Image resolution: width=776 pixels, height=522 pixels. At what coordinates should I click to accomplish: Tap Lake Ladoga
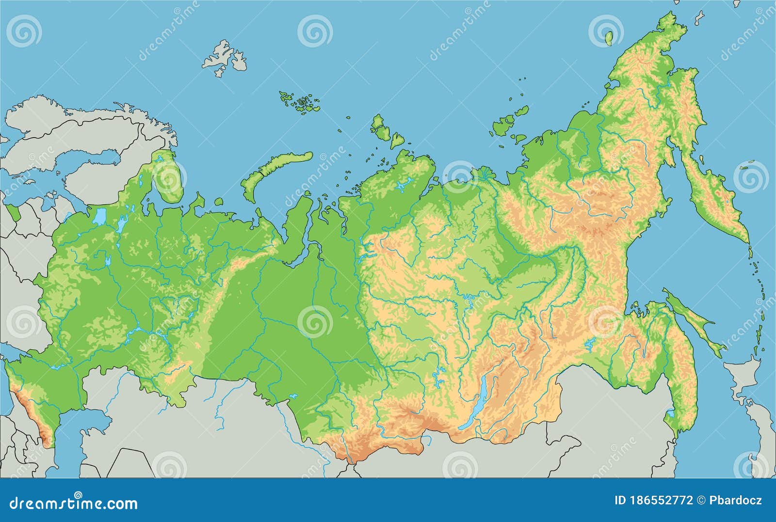click(x=100, y=217)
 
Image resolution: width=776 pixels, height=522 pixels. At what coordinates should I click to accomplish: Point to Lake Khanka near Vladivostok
click(x=670, y=413)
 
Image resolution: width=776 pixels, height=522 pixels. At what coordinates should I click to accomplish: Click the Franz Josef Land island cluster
click(x=301, y=102)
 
